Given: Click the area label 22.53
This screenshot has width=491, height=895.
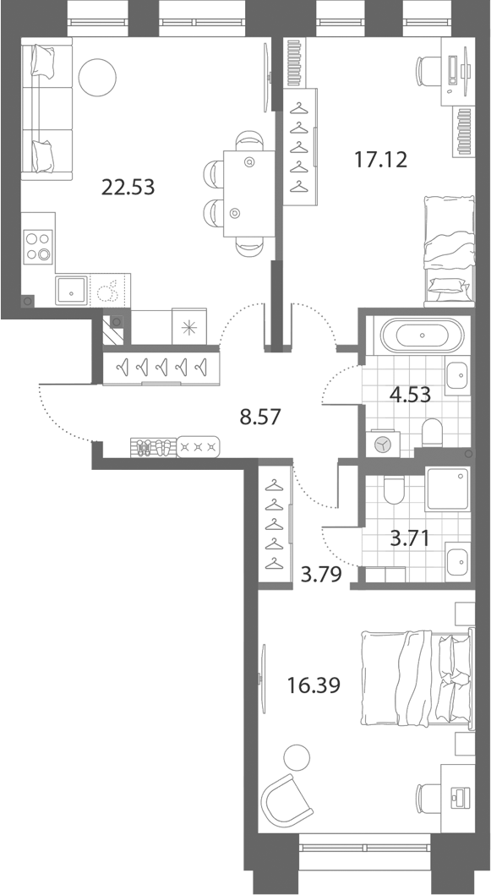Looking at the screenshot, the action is pyautogui.click(x=128, y=187).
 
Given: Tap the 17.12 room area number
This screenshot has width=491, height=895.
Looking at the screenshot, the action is pyautogui.click(x=381, y=160).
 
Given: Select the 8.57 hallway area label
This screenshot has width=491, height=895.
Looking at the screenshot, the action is pyautogui.click(x=259, y=417).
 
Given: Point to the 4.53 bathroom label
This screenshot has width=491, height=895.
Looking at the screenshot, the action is pyautogui.click(x=409, y=395).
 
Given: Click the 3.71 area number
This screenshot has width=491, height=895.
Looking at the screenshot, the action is pyautogui.click(x=409, y=538).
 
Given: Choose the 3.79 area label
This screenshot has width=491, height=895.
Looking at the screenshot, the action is pyautogui.click(x=321, y=574).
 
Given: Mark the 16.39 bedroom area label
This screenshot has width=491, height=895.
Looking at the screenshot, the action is pyautogui.click(x=314, y=685).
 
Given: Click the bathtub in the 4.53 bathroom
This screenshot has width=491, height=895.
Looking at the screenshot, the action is pyautogui.click(x=423, y=335).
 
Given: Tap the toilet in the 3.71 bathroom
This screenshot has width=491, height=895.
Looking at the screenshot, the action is pyautogui.click(x=394, y=489).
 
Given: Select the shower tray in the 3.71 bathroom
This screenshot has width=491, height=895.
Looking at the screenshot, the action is pyautogui.click(x=448, y=488).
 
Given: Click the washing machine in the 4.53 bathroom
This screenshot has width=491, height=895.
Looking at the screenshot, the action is pyautogui.click(x=385, y=444).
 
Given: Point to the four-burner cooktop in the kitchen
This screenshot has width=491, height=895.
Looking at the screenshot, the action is pyautogui.click(x=38, y=247).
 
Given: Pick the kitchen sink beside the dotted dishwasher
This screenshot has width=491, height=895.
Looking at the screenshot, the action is pyautogui.click(x=71, y=291).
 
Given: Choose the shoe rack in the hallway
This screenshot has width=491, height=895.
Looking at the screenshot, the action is pyautogui.click(x=153, y=446).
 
